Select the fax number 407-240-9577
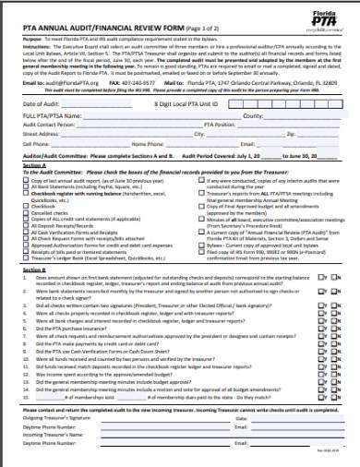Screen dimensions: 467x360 pos(144,82)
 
